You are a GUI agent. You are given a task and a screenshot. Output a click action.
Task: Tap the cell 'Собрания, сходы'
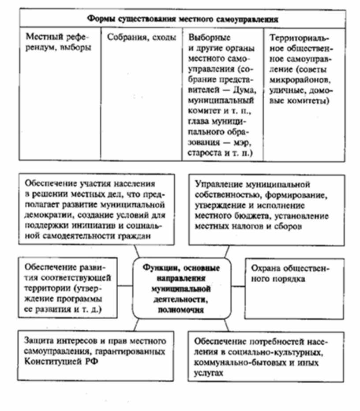point(139,37)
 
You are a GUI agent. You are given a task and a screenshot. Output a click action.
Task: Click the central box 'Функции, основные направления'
point(182,288)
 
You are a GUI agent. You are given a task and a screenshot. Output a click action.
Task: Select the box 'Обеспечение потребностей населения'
point(266,356)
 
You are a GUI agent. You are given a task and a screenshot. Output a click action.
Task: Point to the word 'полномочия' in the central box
point(182,310)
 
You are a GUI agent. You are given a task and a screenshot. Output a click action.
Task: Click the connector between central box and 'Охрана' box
point(239,286)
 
